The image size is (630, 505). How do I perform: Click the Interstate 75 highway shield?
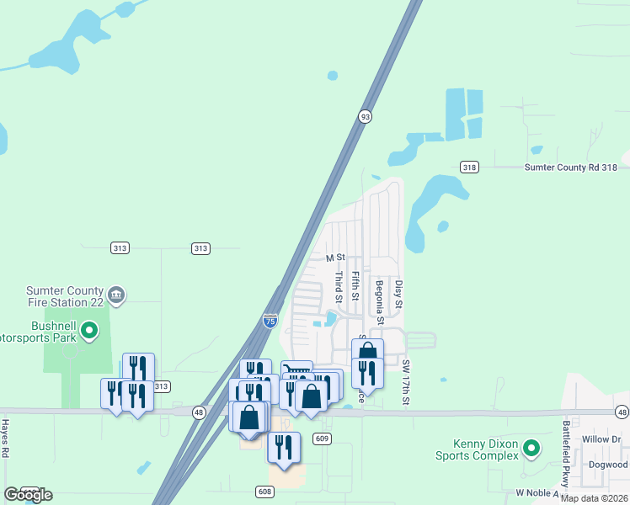pyautogui.click(x=269, y=321)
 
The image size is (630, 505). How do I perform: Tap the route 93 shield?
pyautogui.click(x=365, y=116)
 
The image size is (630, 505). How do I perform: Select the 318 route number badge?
pyautogui.click(x=469, y=167)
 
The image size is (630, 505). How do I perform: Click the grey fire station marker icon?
pyautogui.click(x=117, y=295)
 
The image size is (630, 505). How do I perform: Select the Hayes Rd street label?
pyautogui.click(x=5, y=438)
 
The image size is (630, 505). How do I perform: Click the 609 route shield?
pyautogui.click(x=321, y=438)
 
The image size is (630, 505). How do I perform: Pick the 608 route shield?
pyautogui.click(x=264, y=490)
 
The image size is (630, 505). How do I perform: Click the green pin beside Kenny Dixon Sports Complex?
pyautogui.click(x=531, y=448)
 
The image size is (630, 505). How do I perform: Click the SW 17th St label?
pyautogui.click(x=405, y=383)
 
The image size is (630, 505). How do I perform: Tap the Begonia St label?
pyautogui.click(x=380, y=302)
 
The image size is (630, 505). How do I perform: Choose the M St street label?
pyautogui.click(x=336, y=257)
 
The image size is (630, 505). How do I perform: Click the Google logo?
pyautogui.click(x=28, y=495)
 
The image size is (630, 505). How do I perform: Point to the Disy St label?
pyautogui.click(x=399, y=294)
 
